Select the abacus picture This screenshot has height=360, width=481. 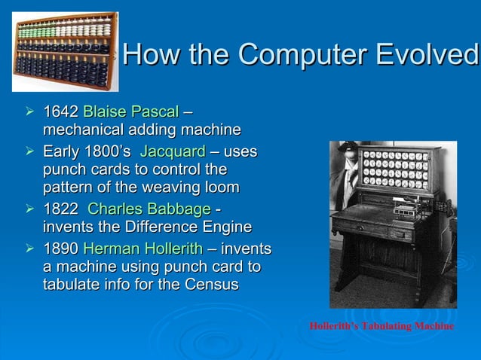point(65,50)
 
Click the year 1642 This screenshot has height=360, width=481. point(60,113)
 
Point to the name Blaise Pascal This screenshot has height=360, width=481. point(130,113)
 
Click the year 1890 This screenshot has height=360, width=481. point(60,249)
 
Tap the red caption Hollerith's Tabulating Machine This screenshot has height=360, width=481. point(381,326)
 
